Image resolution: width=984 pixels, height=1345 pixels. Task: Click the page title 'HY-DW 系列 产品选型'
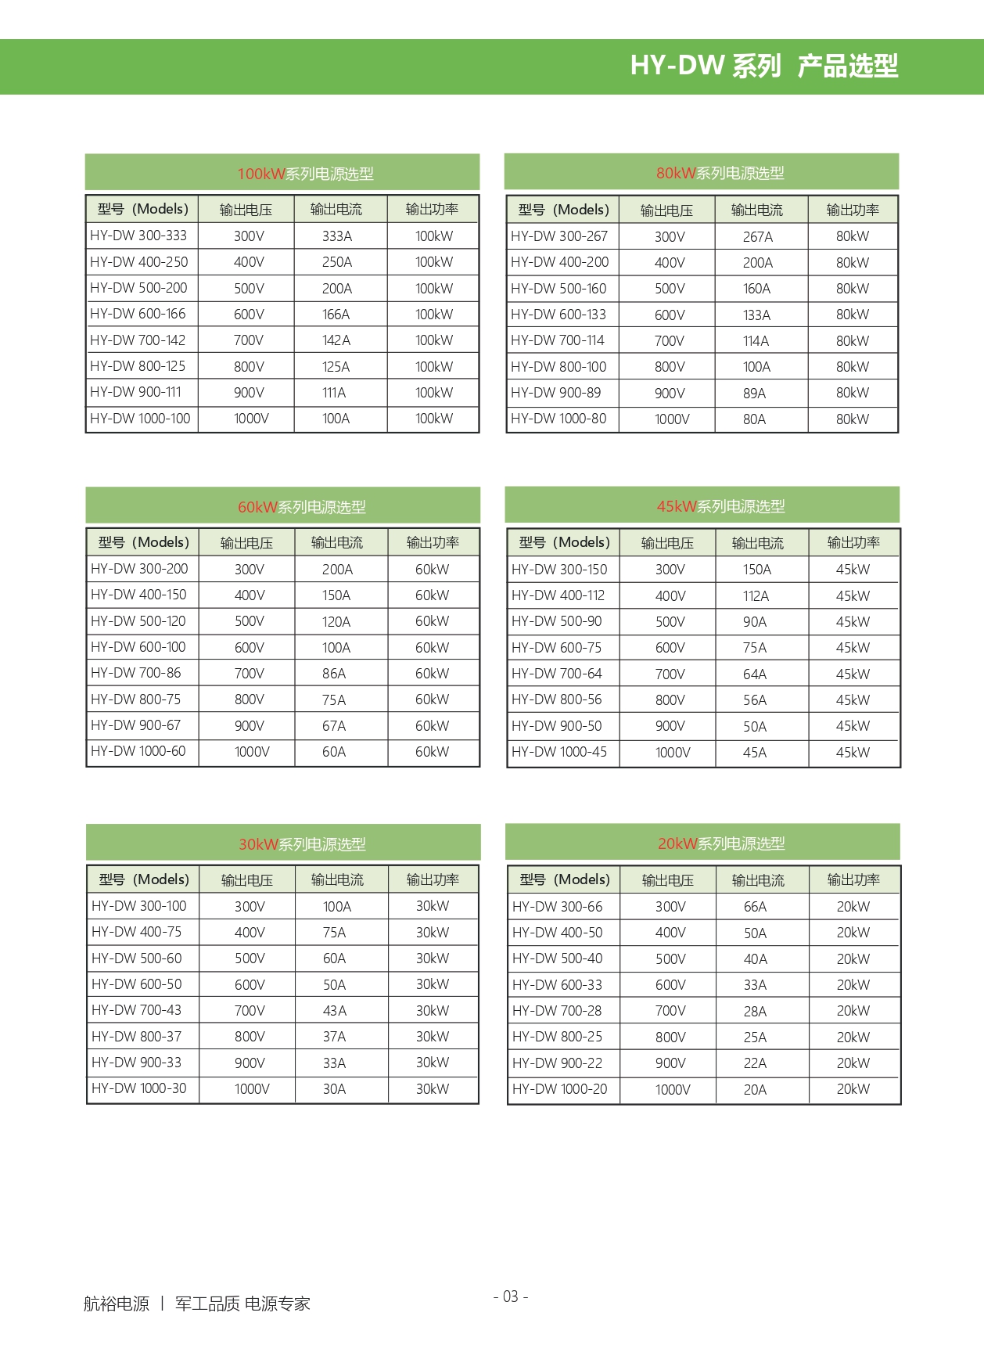pos(763,66)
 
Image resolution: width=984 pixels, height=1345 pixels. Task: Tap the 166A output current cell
pos(336,315)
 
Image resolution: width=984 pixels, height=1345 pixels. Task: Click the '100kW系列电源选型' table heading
pos(305,174)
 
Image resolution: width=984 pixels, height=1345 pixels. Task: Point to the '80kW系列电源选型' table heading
pos(720,173)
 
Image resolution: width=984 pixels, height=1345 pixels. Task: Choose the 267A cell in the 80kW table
pos(757,236)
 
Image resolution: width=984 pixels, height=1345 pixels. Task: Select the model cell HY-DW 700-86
pos(136,673)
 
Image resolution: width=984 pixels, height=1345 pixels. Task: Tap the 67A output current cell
pos(334,726)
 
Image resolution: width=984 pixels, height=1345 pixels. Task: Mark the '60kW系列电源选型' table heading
pos(302,507)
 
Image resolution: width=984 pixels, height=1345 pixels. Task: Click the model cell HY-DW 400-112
pos(558,595)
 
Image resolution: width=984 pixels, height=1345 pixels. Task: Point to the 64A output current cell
pos(755,674)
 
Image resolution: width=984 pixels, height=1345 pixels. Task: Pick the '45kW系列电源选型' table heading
pos(720,506)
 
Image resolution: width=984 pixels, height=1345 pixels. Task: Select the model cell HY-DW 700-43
pos(136,1010)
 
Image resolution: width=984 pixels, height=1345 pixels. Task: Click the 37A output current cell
pos(334,1037)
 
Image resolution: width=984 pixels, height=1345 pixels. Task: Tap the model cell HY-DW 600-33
pos(557,985)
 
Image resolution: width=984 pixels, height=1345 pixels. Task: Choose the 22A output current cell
pos(755,1063)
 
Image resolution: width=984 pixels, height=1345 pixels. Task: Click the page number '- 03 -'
pos(511,1296)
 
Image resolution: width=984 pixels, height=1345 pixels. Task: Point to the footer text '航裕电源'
pos(117,1304)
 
